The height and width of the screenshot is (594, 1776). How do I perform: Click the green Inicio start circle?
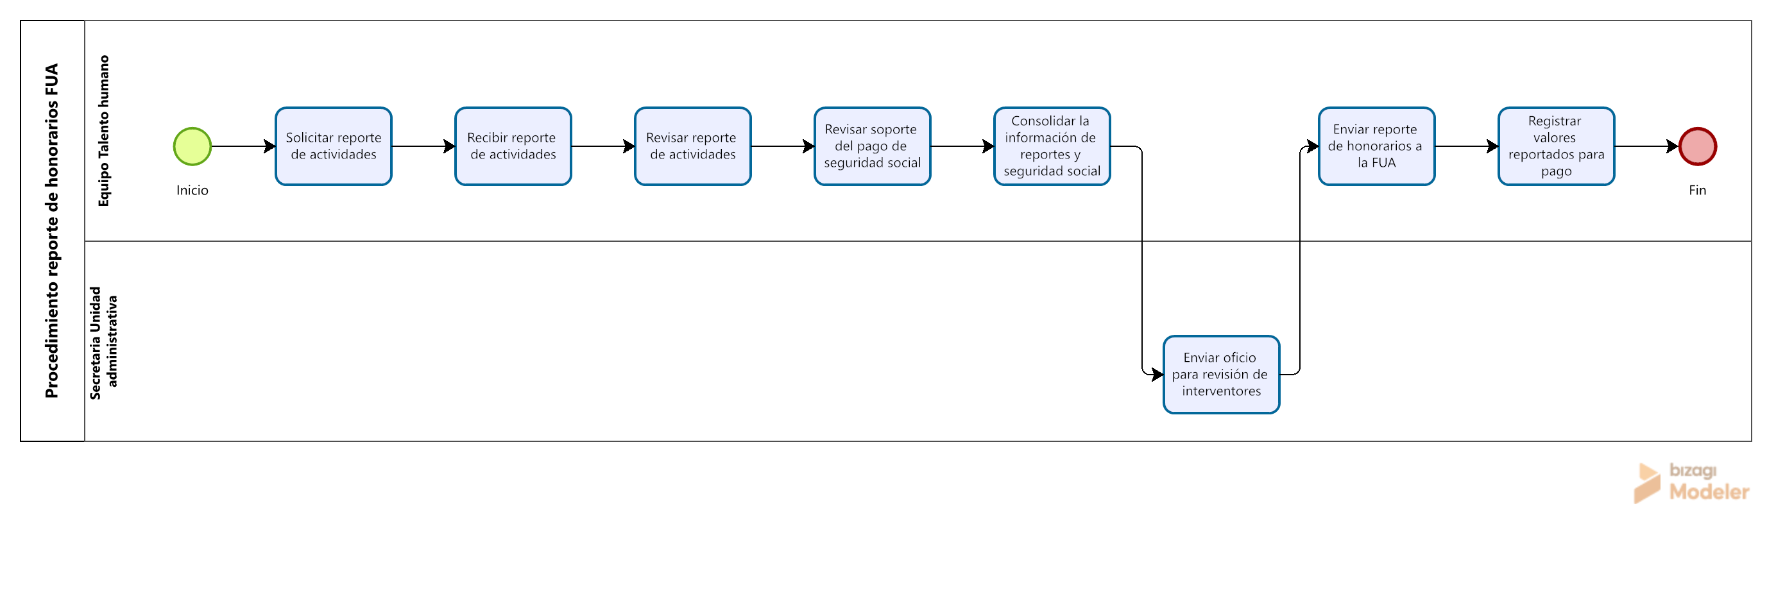pos(192,146)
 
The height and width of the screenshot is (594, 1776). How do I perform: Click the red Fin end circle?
pos(1698,146)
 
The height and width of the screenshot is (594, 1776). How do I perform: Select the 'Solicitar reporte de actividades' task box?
pos(334,146)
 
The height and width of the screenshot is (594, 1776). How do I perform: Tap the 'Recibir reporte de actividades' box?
pos(513,146)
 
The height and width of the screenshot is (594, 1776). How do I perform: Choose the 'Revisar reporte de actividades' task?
pos(693,146)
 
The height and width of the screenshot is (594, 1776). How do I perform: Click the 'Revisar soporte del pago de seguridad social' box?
pos(872,146)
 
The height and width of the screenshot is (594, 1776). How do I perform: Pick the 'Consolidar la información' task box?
pos(1052,146)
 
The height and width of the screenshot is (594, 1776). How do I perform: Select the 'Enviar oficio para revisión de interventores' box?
pos(1222,375)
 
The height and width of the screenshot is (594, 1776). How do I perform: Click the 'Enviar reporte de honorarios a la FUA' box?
pos(1377,146)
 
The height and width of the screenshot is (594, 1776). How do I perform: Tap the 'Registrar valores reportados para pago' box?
pos(1556,146)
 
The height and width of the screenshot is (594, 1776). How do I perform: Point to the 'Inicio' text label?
pos(192,190)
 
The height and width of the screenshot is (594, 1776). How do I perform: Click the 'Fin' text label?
pos(1698,190)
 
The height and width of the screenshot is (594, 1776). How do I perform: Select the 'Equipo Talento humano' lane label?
pos(103,131)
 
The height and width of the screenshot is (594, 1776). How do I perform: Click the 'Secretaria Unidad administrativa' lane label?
pos(103,343)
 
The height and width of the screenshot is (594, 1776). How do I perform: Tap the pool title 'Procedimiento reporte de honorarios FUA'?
pos(52,231)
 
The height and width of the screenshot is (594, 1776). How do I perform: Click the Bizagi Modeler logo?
pos(1691,483)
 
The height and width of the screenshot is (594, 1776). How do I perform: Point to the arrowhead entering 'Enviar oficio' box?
pos(1157,375)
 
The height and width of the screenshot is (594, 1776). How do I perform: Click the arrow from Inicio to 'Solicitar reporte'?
pos(243,146)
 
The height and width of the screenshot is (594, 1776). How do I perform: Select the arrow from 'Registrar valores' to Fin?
pos(1646,146)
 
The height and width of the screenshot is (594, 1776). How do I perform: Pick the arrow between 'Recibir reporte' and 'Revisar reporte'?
pos(603,146)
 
